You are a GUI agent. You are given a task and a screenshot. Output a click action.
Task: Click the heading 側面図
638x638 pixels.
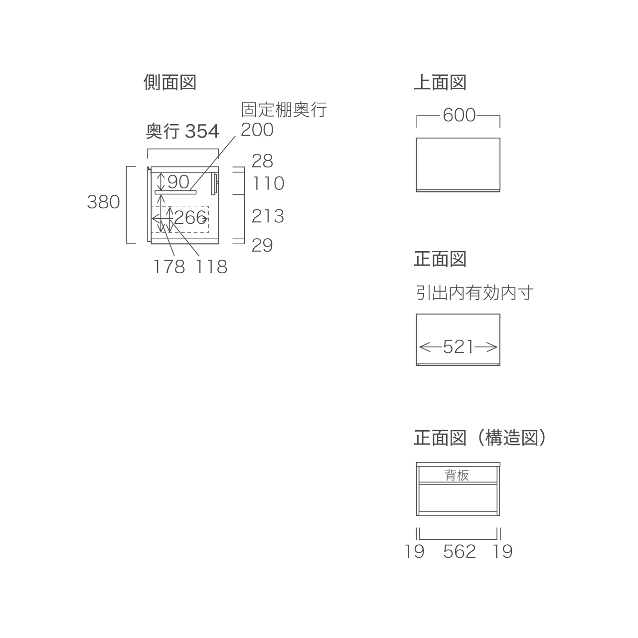[170, 82]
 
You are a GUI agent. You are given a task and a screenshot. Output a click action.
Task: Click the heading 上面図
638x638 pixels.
[440, 82]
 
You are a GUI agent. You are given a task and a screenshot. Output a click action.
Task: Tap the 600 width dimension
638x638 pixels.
[459, 115]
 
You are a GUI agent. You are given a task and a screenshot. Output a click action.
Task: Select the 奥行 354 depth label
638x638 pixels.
[182, 131]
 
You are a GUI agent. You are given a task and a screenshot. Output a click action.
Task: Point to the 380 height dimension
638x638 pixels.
[103, 202]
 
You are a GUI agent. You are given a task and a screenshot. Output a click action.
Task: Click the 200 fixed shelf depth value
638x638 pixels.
[257, 130]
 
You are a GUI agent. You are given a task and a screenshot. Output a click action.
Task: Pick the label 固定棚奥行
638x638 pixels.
[284, 110]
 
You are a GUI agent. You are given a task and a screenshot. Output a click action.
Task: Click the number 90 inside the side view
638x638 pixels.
[178, 182]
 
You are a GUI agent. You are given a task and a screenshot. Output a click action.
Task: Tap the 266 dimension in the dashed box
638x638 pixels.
[190, 217]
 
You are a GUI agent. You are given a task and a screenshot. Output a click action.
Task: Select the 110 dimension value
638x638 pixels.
[268, 183]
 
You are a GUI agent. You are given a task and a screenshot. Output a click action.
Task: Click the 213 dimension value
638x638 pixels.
[268, 216]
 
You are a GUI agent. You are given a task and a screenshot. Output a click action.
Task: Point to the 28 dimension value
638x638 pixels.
[262, 161]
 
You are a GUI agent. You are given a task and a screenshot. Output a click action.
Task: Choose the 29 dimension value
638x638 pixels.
[262, 245]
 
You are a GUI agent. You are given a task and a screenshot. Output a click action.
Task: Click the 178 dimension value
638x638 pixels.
[169, 267]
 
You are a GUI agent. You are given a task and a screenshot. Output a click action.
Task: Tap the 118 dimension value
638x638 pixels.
[211, 267]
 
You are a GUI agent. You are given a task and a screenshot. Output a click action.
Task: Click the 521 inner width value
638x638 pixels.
[458, 347]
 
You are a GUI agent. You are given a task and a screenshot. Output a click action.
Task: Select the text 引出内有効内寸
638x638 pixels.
[475, 293]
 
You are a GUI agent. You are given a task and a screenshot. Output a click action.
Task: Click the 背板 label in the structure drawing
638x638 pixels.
[457, 476]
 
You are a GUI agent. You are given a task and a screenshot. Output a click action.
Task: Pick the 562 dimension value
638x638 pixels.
[460, 552]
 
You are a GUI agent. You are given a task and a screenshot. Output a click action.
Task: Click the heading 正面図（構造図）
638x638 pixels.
[480, 438]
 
